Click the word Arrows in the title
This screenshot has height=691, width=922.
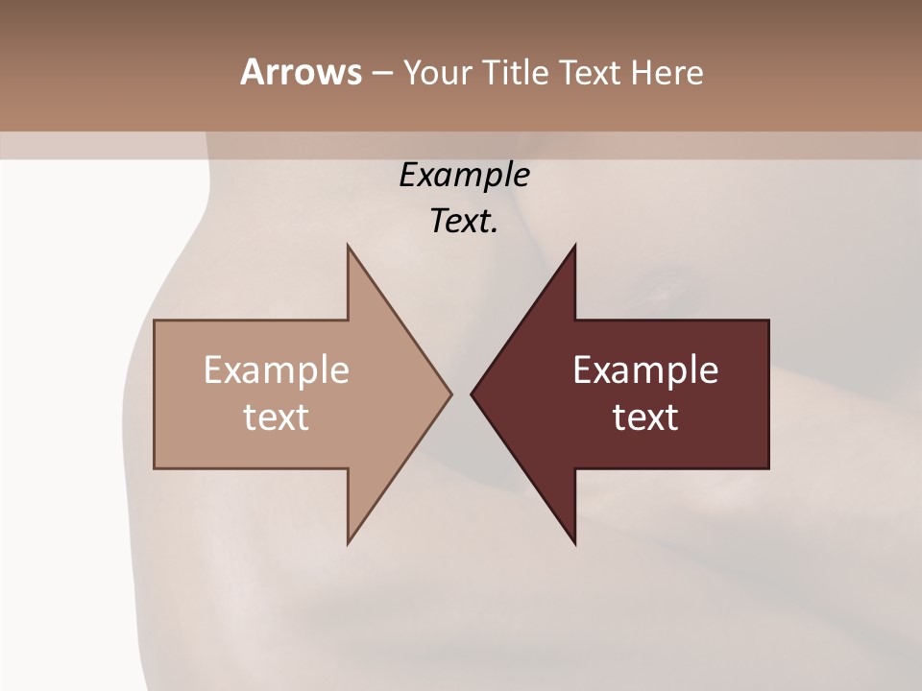(x=300, y=72)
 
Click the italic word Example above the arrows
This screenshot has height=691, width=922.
(x=464, y=175)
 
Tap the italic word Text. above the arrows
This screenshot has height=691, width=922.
(x=464, y=222)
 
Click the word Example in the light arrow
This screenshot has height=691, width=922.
(x=276, y=369)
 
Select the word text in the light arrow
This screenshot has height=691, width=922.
(x=276, y=417)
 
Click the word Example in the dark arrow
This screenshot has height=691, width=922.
(x=645, y=369)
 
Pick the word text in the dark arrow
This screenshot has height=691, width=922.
(x=645, y=417)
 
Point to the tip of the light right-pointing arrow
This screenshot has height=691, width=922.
(x=450, y=393)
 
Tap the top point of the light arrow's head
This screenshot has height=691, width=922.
(x=349, y=246)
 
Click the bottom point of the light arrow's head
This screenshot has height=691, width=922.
(x=349, y=543)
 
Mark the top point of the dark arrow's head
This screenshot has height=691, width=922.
(x=574, y=246)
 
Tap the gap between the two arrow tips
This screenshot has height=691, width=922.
(x=461, y=393)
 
